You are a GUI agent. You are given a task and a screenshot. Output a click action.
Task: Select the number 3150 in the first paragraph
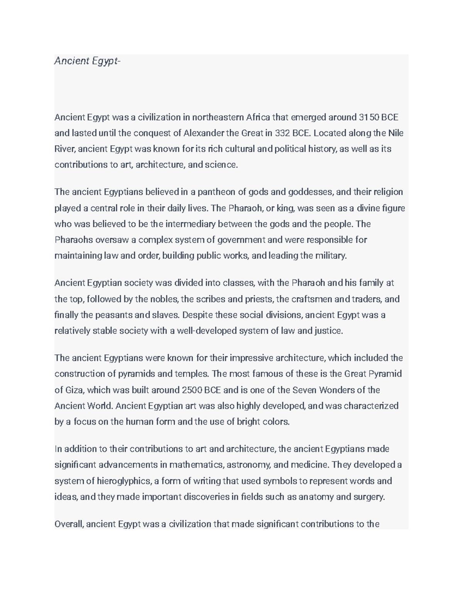(x=369, y=117)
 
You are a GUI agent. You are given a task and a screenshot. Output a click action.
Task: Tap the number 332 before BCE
(x=282, y=133)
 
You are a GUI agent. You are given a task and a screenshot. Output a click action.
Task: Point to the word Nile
(x=395, y=133)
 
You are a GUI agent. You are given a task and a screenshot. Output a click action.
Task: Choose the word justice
(x=329, y=331)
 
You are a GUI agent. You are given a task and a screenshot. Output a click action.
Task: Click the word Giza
(x=74, y=390)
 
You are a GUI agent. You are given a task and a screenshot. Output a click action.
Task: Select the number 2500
(x=192, y=390)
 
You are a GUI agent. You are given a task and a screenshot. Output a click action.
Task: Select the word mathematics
(x=196, y=465)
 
